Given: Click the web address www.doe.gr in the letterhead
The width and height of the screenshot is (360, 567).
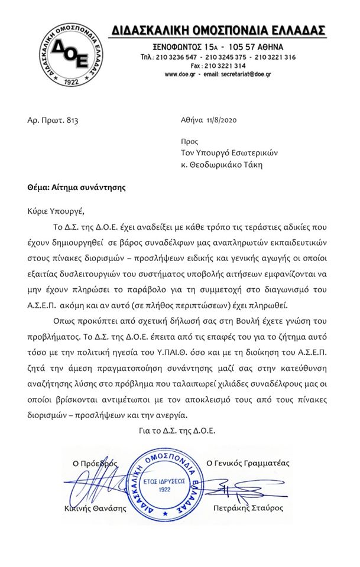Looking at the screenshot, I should tap(179, 74).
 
